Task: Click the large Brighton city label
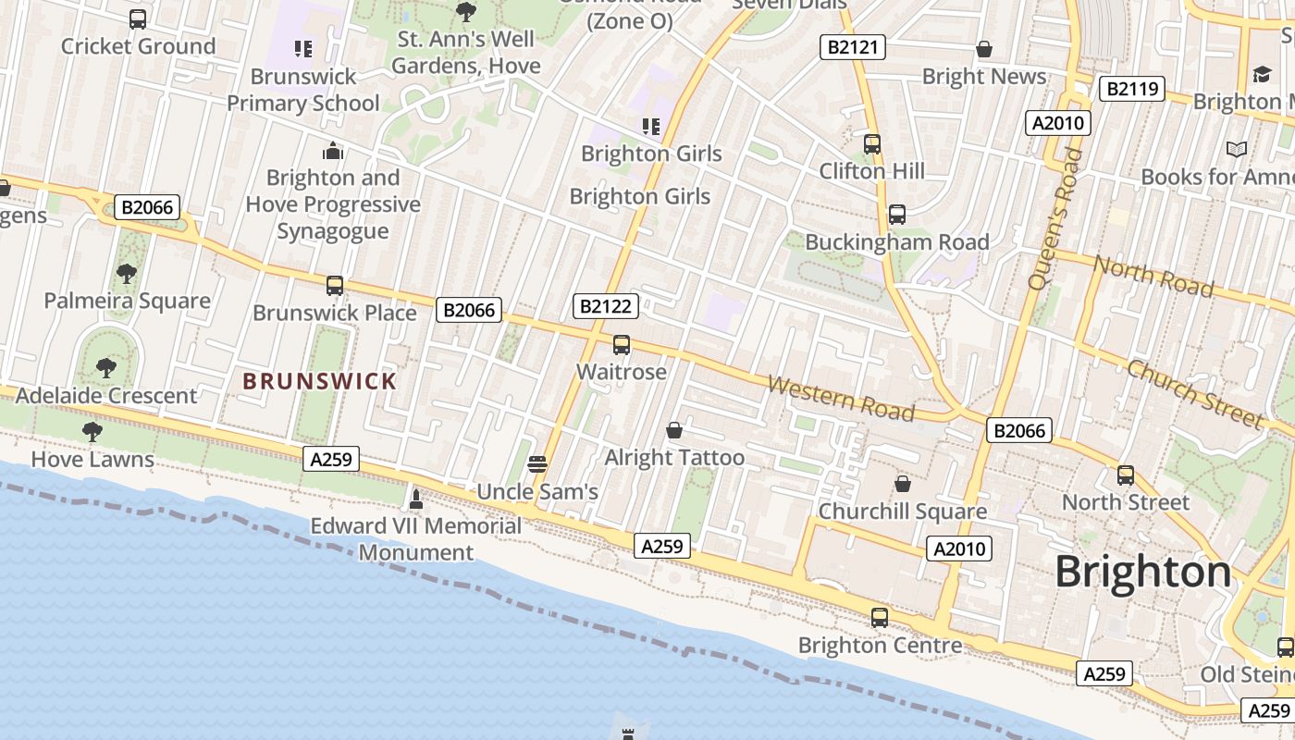1143,572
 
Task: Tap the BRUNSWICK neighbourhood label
319,381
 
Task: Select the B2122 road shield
607,306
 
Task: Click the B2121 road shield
852,47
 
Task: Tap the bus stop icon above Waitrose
622,345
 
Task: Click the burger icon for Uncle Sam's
537,463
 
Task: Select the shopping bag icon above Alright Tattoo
674,430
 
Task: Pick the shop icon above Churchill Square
902,484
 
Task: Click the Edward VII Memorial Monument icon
416,499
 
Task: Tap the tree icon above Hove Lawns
92,432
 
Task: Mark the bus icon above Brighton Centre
879,617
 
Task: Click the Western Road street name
841,398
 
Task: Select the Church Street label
1194,393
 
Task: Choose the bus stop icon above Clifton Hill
871,144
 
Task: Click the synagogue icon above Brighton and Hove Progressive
333,151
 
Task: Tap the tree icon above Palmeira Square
127,274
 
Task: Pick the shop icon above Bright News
984,49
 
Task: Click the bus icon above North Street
1125,475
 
